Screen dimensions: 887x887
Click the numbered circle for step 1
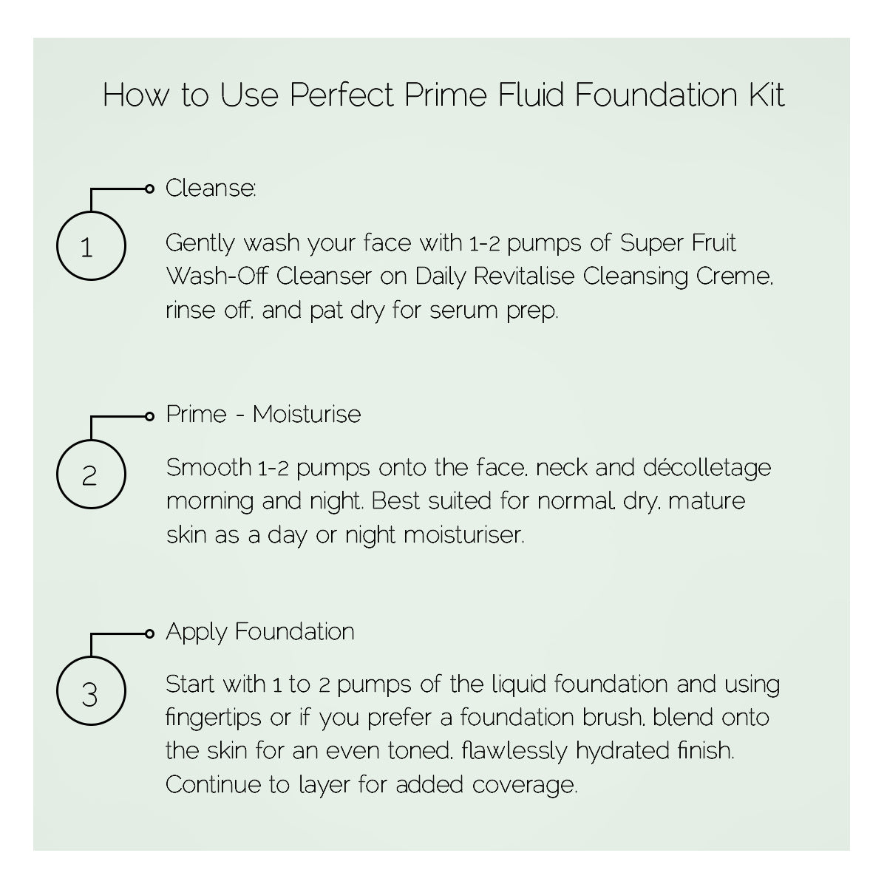pyautogui.click(x=91, y=246)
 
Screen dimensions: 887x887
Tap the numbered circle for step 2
pyautogui.click(x=91, y=474)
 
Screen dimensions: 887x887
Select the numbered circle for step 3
pyautogui.click(x=91, y=694)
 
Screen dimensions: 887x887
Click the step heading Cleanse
pyautogui.click(x=211, y=188)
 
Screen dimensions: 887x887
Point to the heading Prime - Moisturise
pyautogui.click(x=263, y=414)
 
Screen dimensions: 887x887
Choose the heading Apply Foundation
pyautogui.click(x=260, y=632)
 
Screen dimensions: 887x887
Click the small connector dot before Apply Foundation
pyautogui.click(x=150, y=633)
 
